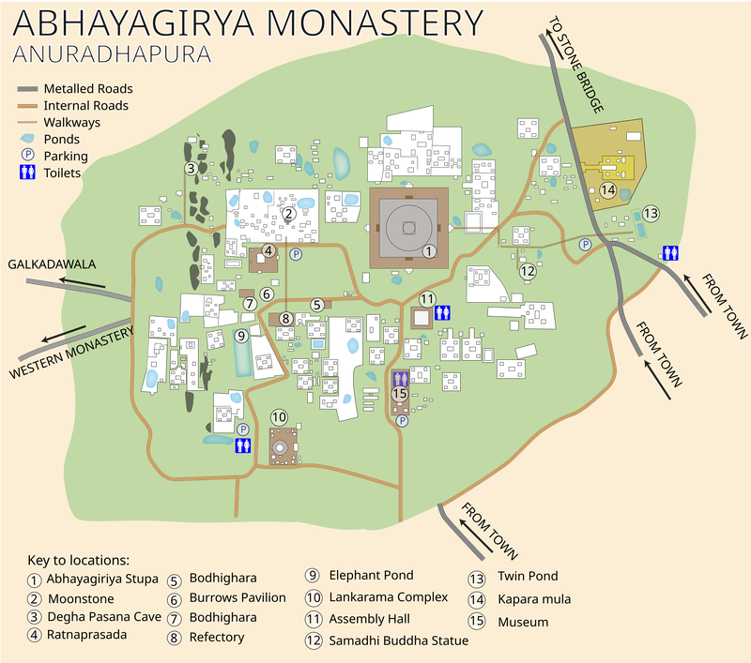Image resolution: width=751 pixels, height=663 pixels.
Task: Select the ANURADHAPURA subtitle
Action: tap(112, 53)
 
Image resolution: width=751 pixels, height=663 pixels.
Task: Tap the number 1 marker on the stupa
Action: tap(428, 250)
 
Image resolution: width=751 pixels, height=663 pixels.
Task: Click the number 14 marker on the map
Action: tap(607, 190)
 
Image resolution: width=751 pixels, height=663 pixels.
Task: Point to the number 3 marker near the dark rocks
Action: tap(191, 169)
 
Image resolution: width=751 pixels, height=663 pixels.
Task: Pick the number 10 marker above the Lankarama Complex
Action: tap(279, 416)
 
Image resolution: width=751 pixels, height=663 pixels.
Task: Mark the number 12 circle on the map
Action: tap(528, 271)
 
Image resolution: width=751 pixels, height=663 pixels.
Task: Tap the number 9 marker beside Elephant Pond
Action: tap(241, 335)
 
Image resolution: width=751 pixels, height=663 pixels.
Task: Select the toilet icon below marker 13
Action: tap(670, 252)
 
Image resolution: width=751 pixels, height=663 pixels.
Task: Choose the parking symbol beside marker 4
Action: tap(295, 254)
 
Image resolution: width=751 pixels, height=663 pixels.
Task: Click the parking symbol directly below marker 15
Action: tap(402, 421)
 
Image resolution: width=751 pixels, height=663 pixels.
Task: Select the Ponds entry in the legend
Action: tap(62, 139)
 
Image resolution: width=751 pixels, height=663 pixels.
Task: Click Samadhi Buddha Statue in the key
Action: tap(398, 641)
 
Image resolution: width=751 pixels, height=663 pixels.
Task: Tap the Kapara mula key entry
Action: tap(532, 598)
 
